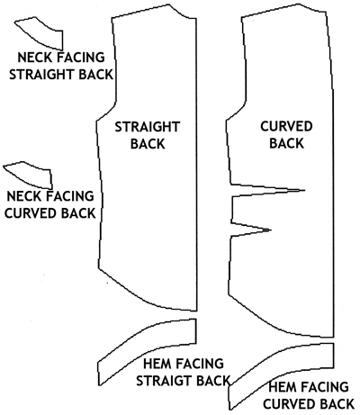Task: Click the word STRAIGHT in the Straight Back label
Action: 148,127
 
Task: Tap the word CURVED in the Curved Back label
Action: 286,126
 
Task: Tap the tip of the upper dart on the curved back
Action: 305,190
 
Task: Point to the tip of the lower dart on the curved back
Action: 271,230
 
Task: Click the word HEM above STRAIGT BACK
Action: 157,364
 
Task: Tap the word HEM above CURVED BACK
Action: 282,387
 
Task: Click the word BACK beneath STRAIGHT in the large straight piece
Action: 148,144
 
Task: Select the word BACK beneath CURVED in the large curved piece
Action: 286,143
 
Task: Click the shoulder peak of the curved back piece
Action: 298,4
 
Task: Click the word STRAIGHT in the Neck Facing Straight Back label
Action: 42,75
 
